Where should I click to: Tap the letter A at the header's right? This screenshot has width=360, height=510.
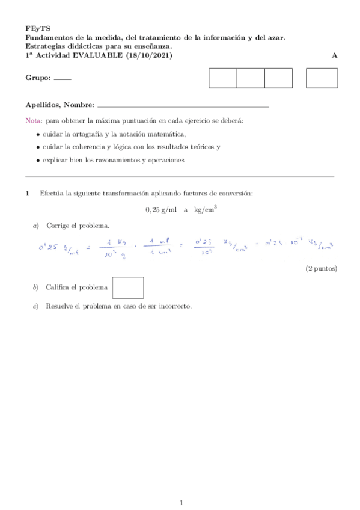[334, 55]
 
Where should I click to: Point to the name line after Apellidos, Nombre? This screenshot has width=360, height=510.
[183, 106]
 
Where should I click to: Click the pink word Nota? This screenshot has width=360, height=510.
[34, 120]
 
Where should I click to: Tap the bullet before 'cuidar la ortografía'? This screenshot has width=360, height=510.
[38, 134]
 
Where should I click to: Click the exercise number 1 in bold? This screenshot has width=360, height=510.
[27, 193]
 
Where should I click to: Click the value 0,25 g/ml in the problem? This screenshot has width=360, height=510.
[161, 210]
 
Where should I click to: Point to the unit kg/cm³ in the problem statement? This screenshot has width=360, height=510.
[205, 210]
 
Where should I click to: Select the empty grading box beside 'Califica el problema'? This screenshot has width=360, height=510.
[128, 287]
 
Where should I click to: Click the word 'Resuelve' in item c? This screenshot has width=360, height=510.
[59, 306]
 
